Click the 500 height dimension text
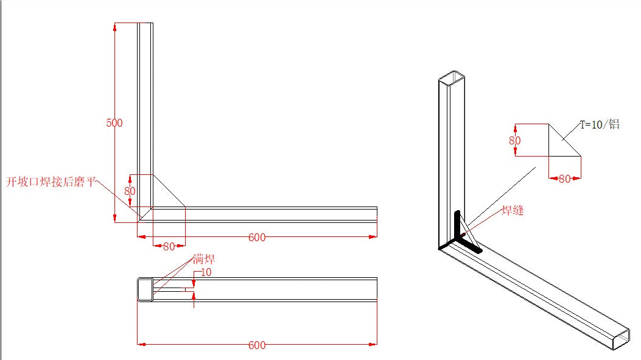(x=114, y=123)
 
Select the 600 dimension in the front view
(x=257, y=238)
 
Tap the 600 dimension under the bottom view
(x=257, y=345)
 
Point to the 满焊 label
(x=204, y=259)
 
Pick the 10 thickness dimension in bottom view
(x=206, y=272)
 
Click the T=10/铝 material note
(x=599, y=124)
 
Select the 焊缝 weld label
(x=513, y=211)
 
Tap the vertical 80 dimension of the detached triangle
(x=515, y=141)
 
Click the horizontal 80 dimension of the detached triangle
(x=564, y=179)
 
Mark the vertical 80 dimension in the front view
(x=130, y=191)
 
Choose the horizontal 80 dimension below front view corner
(x=169, y=247)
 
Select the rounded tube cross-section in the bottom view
(x=145, y=289)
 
